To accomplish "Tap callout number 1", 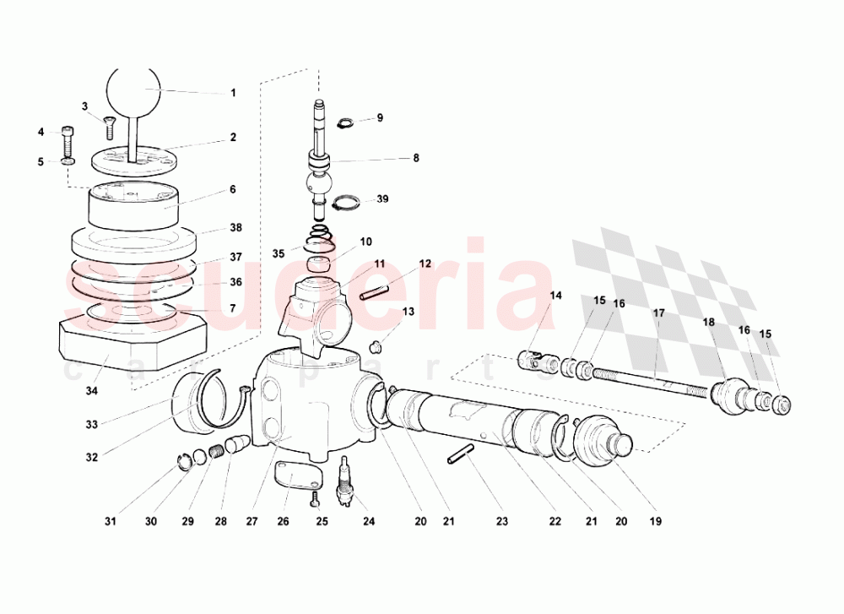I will pyautogui.click(x=234, y=93).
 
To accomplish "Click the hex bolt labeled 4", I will pyautogui.click(x=68, y=135).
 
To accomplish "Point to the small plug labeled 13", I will pyautogui.click(x=380, y=345).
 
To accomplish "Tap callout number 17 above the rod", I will pyautogui.click(x=658, y=313).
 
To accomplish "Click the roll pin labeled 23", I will pyautogui.click(x=461, y=454).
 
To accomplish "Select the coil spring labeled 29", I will pyautogui.click(x=214, y=451).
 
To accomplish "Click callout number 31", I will pyautogui.click(x=111, y=521).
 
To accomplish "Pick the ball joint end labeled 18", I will pyautogui.click(x=731, y=396).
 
